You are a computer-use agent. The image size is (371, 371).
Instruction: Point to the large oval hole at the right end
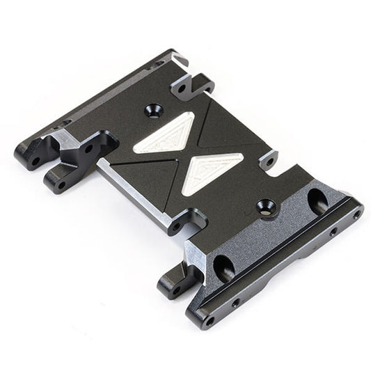[x=317, y=201]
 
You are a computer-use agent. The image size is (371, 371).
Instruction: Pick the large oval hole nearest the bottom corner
[x=224, y=265]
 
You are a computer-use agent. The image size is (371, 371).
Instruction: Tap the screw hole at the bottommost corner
[x=210, y=321]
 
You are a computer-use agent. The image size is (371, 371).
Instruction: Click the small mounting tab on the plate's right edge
[x=269, y=164]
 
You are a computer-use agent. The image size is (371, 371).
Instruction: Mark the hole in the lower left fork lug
[x=61, y=184]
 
